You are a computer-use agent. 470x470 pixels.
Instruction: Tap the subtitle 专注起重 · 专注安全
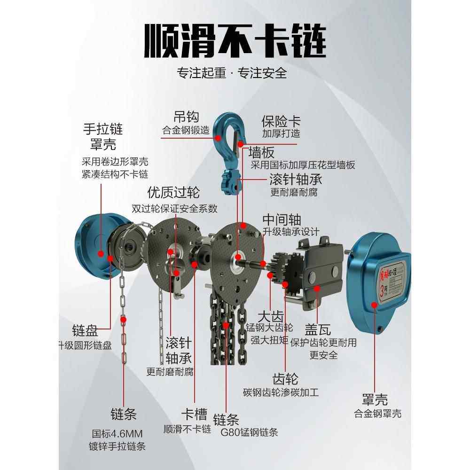232,73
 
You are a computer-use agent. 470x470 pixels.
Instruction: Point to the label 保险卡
281,121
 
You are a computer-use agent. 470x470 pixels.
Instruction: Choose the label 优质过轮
173,192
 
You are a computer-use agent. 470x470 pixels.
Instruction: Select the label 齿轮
285,378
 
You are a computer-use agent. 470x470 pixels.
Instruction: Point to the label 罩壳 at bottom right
375,400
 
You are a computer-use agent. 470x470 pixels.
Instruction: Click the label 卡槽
194,415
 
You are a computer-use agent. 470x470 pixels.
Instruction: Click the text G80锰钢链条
250,432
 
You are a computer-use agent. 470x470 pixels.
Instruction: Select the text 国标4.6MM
117,433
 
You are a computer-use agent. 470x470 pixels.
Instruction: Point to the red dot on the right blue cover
375,305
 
